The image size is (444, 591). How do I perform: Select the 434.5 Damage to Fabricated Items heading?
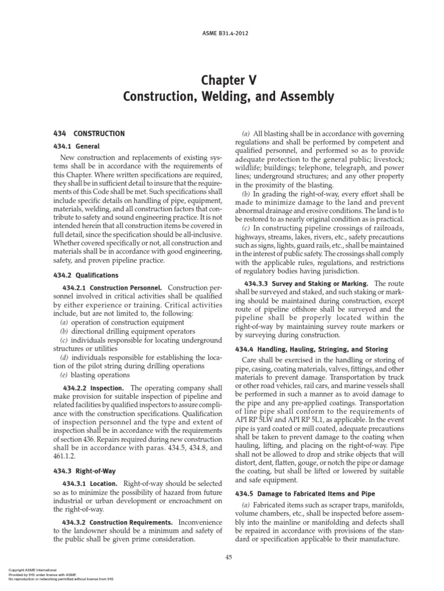[304, 493]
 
